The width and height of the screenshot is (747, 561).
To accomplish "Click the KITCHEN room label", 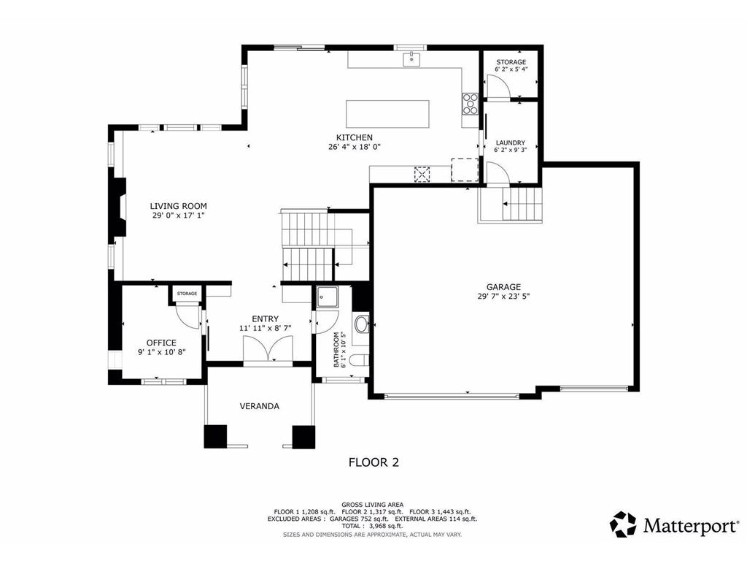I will click(354, 137).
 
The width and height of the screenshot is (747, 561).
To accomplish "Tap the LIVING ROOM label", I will click(179, 206).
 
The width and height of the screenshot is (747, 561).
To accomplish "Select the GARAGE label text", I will click(503, 287).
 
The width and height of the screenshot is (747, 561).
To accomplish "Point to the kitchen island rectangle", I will click(387, 114).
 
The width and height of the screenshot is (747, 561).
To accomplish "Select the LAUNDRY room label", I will click(510, 143).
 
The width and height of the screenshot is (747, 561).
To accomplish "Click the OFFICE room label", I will click(161, 343).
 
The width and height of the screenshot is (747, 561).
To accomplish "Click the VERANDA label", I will click(260, 406).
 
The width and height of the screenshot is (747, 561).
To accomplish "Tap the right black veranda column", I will click(303, 436).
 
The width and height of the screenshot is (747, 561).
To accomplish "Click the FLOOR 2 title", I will click(373, 462).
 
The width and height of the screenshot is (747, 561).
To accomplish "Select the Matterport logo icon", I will click(623, 524).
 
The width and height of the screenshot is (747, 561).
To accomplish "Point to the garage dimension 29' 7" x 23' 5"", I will click(503, 297).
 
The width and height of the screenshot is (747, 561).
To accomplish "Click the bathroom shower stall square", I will click(327, 297).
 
